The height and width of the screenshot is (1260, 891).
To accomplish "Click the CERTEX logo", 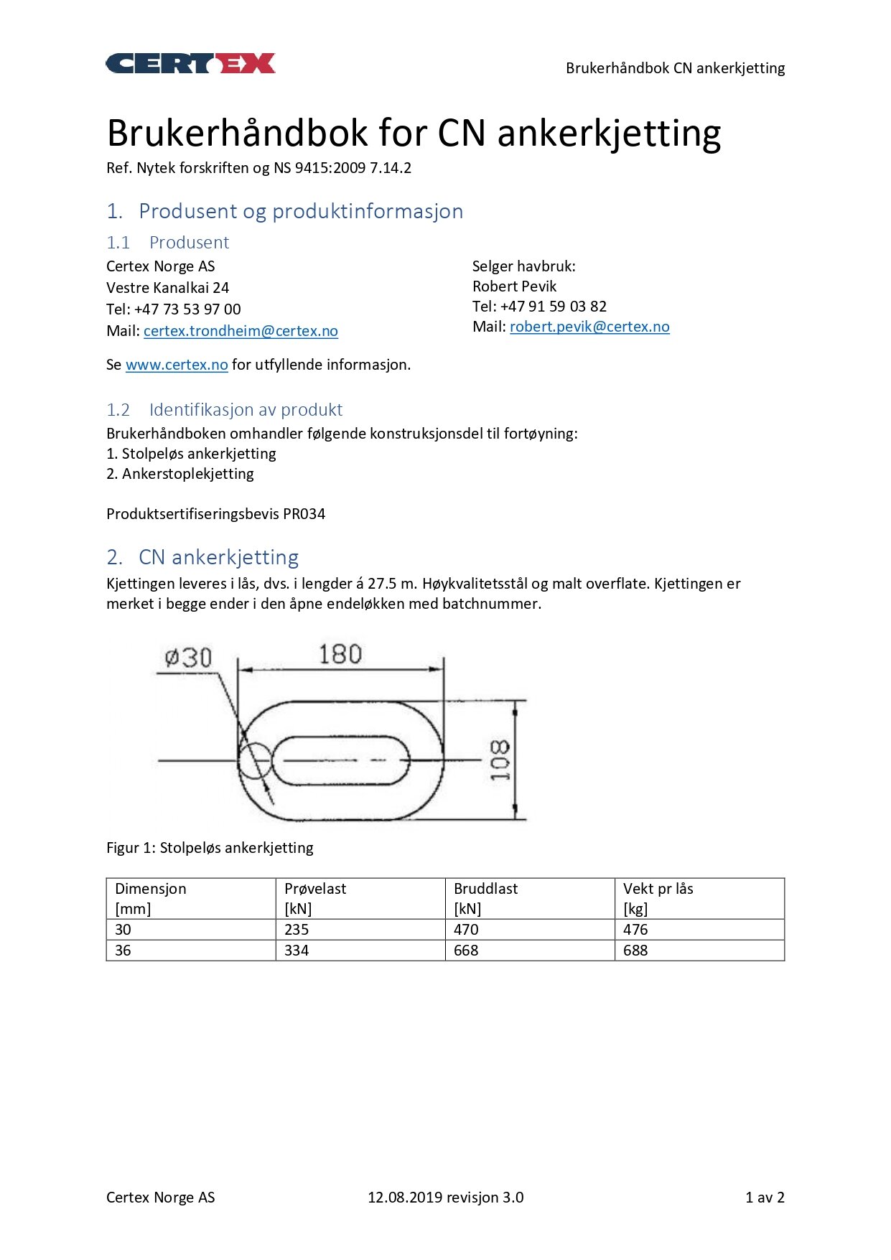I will tap(190, 64).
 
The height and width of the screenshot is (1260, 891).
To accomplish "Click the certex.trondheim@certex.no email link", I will tap(241, 331).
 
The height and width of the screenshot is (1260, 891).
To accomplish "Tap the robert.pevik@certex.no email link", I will tap(589, 327).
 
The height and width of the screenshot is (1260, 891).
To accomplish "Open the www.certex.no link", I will tap(177, 365).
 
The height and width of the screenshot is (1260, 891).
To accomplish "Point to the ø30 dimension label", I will tap(188, 658).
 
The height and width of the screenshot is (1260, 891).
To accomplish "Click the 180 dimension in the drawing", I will tap(340, 654).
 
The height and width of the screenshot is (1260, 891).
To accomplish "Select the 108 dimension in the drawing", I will tap(500, 760).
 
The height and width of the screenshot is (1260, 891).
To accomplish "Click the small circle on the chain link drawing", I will tap(255, 761).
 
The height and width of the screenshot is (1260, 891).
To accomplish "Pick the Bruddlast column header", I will tap(485, 889).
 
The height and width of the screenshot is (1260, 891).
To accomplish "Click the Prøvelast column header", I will tap(315, 889).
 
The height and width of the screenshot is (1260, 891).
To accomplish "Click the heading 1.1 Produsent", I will tap(168, 243).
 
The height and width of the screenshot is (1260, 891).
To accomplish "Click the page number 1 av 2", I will tap(765, 1198).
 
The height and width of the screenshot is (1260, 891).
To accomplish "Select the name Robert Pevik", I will tap(514, 286).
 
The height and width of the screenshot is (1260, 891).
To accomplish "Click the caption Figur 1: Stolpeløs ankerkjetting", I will tap(210, 848).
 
